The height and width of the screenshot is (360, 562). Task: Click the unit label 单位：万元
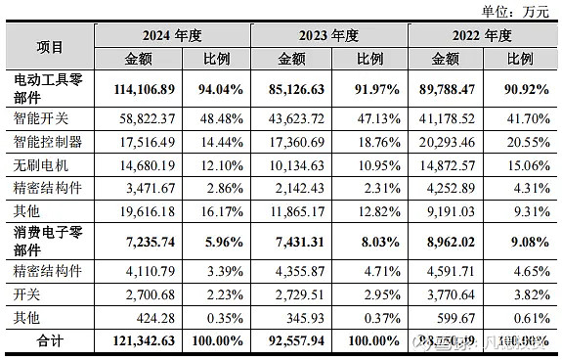515,11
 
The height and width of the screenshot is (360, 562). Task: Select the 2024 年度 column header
171,35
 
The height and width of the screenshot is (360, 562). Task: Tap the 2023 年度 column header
328,35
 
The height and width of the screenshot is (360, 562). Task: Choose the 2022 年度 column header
484,35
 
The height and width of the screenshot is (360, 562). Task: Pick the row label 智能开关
42,118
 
